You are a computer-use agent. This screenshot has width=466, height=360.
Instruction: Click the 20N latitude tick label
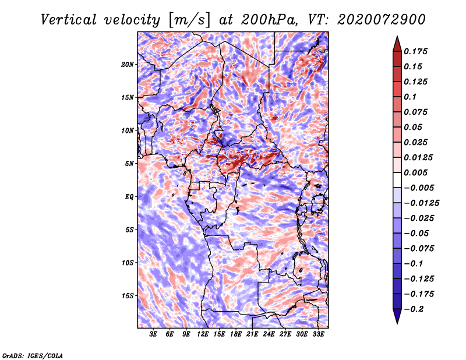tap(128, 65)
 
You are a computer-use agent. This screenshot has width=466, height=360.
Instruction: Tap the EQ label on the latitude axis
tap(129, 197)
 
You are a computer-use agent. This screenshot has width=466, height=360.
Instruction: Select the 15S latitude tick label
tap(128, 296)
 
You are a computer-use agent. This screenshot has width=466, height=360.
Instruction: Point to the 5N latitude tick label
tap(129, 164)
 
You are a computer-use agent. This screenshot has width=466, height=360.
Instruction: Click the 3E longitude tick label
tap(153, 334)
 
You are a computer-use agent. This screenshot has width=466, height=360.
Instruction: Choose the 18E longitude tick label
tap(236, 334)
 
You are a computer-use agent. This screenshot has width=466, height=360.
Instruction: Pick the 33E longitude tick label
tap(318, 334)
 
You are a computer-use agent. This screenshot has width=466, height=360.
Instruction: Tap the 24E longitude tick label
tap(269, 334)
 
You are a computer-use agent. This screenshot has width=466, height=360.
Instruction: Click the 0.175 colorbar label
tap(415, 51)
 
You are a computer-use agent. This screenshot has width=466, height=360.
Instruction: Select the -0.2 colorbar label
tap(414, 309)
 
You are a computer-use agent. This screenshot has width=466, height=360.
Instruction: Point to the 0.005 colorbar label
tap(415, 172)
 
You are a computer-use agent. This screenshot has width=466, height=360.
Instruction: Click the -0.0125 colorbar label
tap(421, 203)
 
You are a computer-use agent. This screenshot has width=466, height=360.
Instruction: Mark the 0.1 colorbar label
tap(410, 97)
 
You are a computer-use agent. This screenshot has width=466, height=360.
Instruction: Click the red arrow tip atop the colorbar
tap(397, 36)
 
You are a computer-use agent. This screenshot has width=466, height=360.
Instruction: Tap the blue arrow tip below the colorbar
tap(397, 323)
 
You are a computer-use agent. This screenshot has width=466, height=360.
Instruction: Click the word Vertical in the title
tap(69, 20)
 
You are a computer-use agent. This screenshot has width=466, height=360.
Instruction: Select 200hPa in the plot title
tap(269, 20)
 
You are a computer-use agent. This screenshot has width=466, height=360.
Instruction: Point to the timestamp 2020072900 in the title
tap(382, 20)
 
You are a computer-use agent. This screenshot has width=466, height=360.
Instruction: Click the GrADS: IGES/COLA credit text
tap(33, 356)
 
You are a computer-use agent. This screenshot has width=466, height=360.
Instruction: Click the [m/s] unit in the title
tap(189, 20)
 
